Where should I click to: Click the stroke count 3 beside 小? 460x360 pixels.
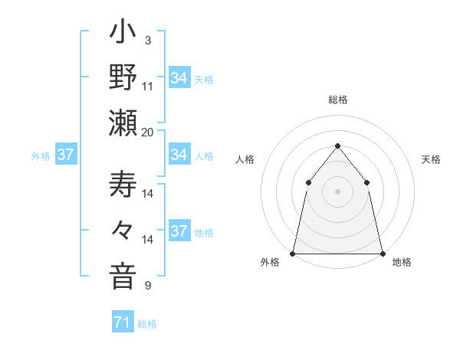[x=147, y=41]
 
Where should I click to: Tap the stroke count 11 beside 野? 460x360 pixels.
[x=148, y=86]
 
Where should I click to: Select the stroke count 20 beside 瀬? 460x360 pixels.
[x=147, y=132]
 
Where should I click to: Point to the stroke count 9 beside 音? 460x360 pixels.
[x=147, y=286]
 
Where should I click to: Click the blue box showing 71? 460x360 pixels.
[x=122, y=322]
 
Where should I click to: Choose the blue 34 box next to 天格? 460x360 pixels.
[x=179, y=78]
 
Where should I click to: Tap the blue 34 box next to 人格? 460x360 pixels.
[x=179, y=155]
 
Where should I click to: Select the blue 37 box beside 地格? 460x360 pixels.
[x=179, y=231]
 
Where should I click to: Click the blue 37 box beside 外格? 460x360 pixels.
[x=66, y=155]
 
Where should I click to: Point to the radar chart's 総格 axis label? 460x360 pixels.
[x=337, y=100]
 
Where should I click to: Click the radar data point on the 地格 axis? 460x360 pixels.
[x=382, y=253]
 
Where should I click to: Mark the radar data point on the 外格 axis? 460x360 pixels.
[x=293, y=253]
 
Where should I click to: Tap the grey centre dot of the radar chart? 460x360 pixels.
[x=337, y=191]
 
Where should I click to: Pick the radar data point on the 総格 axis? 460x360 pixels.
[x=337, y=146]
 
